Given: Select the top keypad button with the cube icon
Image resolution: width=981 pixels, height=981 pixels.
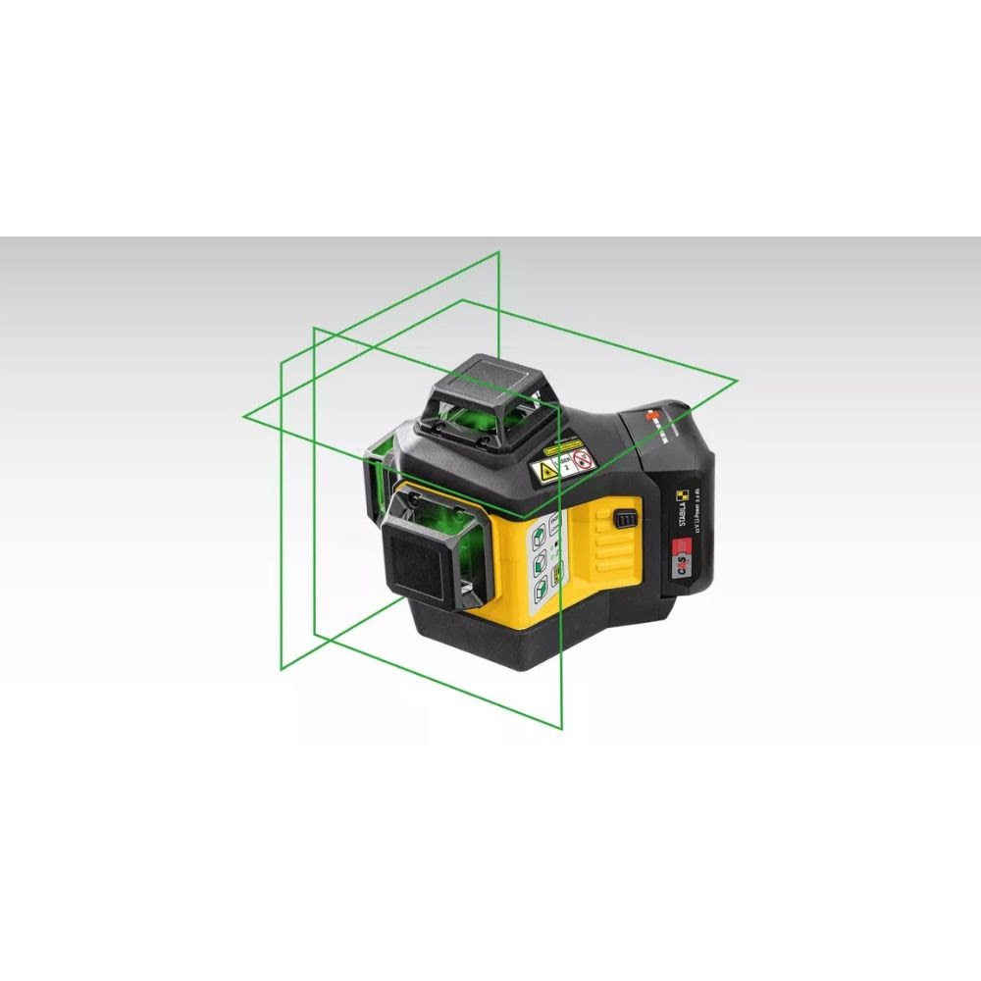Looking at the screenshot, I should point(539,538).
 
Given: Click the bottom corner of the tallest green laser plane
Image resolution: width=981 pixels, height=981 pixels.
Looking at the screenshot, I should point(562,729).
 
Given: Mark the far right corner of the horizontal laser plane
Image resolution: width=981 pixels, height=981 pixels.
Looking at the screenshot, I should point(737,379).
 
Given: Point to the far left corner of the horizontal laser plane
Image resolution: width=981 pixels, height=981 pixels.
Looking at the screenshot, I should point(243,416).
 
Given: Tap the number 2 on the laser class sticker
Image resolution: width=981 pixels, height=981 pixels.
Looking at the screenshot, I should point(565,467).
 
